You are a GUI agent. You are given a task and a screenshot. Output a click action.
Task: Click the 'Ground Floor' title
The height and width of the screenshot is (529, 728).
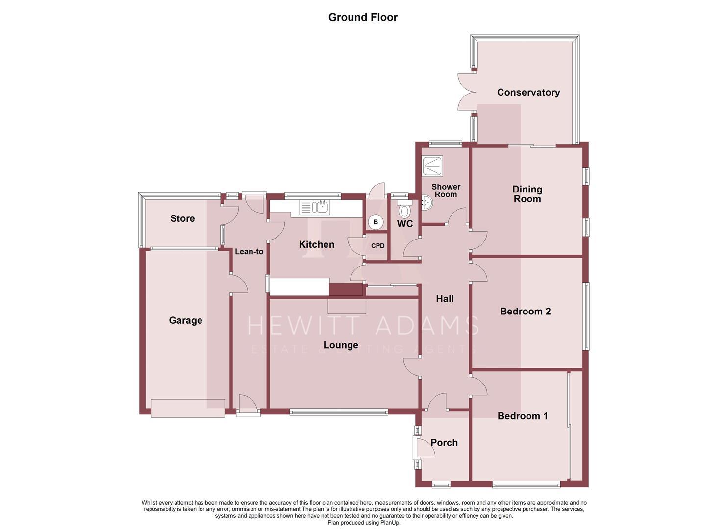[363, 17]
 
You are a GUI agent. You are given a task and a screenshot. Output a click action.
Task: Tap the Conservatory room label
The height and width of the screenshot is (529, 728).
[528, 92]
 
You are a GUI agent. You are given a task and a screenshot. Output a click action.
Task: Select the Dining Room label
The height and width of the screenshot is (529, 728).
[527, 194]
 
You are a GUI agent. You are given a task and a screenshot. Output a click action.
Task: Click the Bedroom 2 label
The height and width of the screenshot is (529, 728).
[525, 311]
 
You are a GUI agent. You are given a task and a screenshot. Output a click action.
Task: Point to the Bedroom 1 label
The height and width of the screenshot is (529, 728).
[523, 416]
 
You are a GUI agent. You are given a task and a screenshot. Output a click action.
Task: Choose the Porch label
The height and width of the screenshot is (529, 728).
[444, 443]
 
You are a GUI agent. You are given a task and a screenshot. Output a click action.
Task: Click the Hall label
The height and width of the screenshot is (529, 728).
[445, 299]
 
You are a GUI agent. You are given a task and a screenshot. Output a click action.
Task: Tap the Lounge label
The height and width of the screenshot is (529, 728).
[340, 345]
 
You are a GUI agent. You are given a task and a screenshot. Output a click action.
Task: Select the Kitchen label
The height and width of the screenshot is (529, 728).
[317, 244]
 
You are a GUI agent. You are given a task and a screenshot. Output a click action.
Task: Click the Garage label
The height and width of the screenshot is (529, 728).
[185, 320]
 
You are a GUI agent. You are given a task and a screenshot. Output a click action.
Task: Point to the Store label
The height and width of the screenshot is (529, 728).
[182, 218]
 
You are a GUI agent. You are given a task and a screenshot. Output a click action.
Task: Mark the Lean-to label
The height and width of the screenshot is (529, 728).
[249, 252]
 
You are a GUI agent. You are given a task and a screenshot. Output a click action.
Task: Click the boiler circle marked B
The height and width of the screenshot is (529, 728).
[376, 222]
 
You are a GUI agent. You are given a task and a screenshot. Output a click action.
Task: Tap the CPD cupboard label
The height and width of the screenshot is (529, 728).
[377, 246]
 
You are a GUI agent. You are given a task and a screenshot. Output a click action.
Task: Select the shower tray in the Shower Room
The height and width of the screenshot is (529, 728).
[432, 165]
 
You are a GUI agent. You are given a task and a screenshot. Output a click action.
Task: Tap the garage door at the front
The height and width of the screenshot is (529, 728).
[188, 408]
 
